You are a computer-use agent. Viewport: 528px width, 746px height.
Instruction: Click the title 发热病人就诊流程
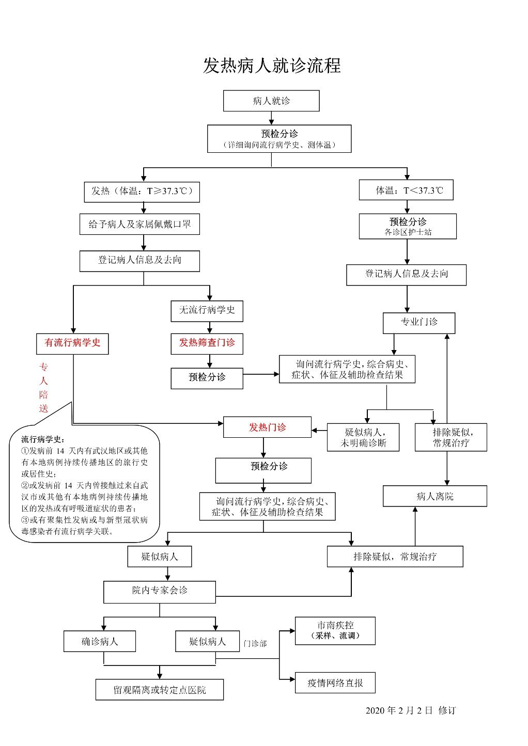[x=272, y=66]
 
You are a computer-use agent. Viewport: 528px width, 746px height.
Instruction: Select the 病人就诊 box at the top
[x=271, y=101]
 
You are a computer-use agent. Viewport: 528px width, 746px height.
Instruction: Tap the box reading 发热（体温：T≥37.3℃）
[x=142, y=192]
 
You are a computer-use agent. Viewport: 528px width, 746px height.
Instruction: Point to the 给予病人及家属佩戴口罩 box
[x=139, y=225]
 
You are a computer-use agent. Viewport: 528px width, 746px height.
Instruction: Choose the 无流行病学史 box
[x=207, y=310]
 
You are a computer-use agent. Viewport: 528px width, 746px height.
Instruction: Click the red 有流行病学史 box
[x=72, y=343]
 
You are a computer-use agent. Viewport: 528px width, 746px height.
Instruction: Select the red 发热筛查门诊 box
[x=207, y=343]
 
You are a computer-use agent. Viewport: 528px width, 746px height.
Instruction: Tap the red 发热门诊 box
[x=267, y=427]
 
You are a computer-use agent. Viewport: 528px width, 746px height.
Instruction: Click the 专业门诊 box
[x=419, y=323]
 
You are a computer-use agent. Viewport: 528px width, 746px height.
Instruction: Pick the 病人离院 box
[x=434, y=497]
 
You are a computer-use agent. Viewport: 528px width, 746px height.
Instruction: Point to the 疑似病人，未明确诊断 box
[x=363, y=437]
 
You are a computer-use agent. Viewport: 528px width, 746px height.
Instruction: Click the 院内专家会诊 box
[x=159, y=591]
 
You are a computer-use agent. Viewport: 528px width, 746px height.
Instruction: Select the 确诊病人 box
[x=100, y=642]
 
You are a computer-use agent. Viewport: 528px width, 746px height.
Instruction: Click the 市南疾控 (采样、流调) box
[x=335, y=630]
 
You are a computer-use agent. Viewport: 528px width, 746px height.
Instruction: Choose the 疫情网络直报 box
[x=335, y=683]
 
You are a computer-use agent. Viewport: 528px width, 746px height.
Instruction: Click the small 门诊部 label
[x=255, y=644]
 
